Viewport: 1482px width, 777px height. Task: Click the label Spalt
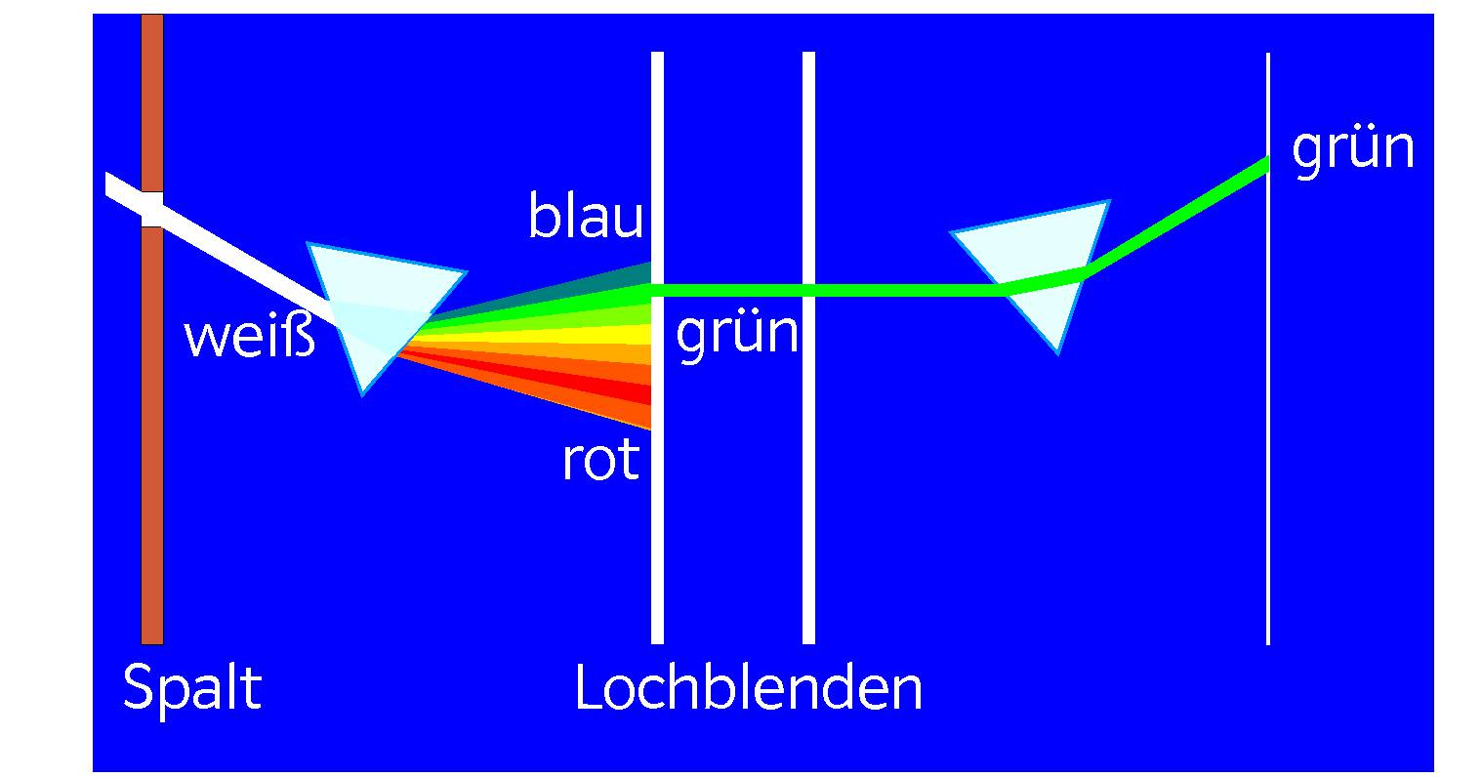(192, 688)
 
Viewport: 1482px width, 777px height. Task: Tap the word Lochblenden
(748, 688)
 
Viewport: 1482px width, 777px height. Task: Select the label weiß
(250, 338)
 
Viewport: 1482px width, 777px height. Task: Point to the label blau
(586, 217)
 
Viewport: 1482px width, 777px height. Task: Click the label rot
(600, 459)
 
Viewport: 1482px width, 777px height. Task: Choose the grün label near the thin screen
(1353, 149)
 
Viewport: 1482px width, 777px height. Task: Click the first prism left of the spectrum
(376, 303)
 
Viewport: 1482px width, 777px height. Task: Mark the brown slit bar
(152, 439)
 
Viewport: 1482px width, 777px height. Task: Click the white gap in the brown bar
(152, 210)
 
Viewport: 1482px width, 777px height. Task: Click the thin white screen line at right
(1268, 439)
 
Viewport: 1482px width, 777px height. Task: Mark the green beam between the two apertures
(732, 290)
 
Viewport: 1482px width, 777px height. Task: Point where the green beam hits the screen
(1266, 164)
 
